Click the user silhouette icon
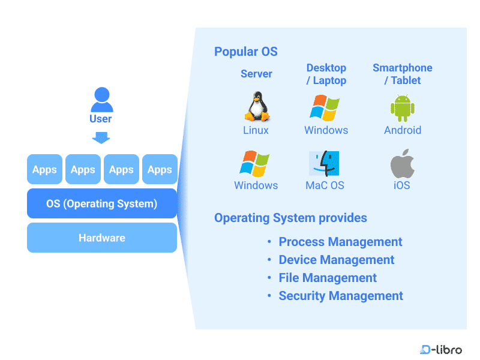click(x=101, y=100)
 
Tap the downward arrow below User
click(x=101, y=138)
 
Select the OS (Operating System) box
click(x=102, y=203)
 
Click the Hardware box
click(x=102, y=238)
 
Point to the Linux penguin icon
click(x=256, y=107)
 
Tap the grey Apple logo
click(x=402, y=163)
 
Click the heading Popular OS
click(x=246, y=52)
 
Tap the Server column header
click(x=256, y=74)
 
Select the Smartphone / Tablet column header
click(x=402, y=74)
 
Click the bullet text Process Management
click(x=340, y=242)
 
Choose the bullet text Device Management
click(x=337, y=260)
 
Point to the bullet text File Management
click(x=328, y=278)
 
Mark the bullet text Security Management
click(x=341, y=296)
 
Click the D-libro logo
click(x=441, y=349)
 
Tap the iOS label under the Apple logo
click(x=402, y=185)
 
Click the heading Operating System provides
click(x=290, y=218)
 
